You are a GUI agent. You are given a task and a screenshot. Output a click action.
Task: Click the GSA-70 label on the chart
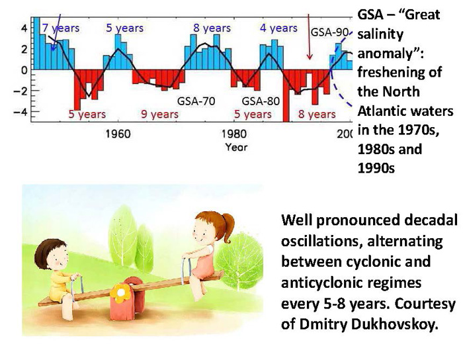coord(196,101)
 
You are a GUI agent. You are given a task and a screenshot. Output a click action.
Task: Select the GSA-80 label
coord(261,101)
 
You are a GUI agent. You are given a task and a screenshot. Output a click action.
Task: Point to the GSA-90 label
coord(330,32)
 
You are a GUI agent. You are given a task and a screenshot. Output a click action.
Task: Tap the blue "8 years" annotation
coord(212,28)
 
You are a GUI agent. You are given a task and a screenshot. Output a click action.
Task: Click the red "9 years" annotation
coord(159,114)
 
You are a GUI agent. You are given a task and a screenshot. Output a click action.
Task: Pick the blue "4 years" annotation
coord(278,28)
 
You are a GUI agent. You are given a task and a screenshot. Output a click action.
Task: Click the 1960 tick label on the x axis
coord(118,134)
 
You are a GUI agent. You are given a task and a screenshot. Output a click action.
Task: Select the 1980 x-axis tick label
coord(234,134)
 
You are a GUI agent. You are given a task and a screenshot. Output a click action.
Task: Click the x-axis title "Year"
coord(236,147)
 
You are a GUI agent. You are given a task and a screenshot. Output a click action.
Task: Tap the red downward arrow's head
coord(310,56)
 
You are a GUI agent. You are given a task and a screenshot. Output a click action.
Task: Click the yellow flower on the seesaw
coord(121,292)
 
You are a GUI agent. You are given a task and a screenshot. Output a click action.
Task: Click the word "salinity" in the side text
coord(380,35)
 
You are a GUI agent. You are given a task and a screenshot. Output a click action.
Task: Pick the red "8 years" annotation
coord(317,114)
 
